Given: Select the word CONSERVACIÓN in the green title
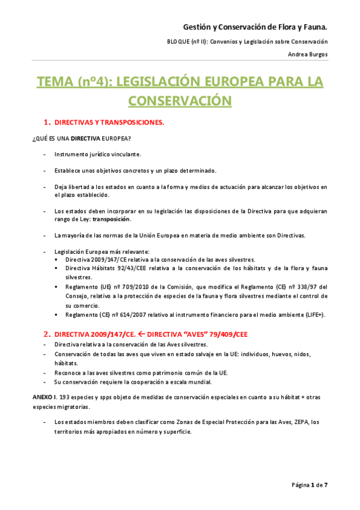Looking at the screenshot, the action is coord(180,100).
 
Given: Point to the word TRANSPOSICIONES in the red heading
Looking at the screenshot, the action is coord(128,122).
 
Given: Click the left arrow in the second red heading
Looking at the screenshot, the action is coord(141,333).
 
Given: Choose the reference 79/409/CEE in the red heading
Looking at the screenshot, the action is coord(226,333).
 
